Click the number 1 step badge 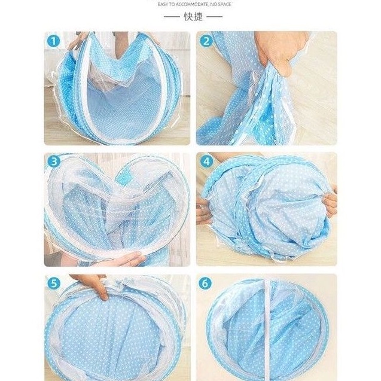[53, 41]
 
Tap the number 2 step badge [206, 41]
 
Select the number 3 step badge [54, 161]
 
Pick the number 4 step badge [206, 161]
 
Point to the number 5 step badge [54, 283]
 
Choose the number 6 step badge [205, 284]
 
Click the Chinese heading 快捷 [193, 17]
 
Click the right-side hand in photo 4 [330, 202]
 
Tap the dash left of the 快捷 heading [172, 17]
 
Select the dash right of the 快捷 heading [214, 17]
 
